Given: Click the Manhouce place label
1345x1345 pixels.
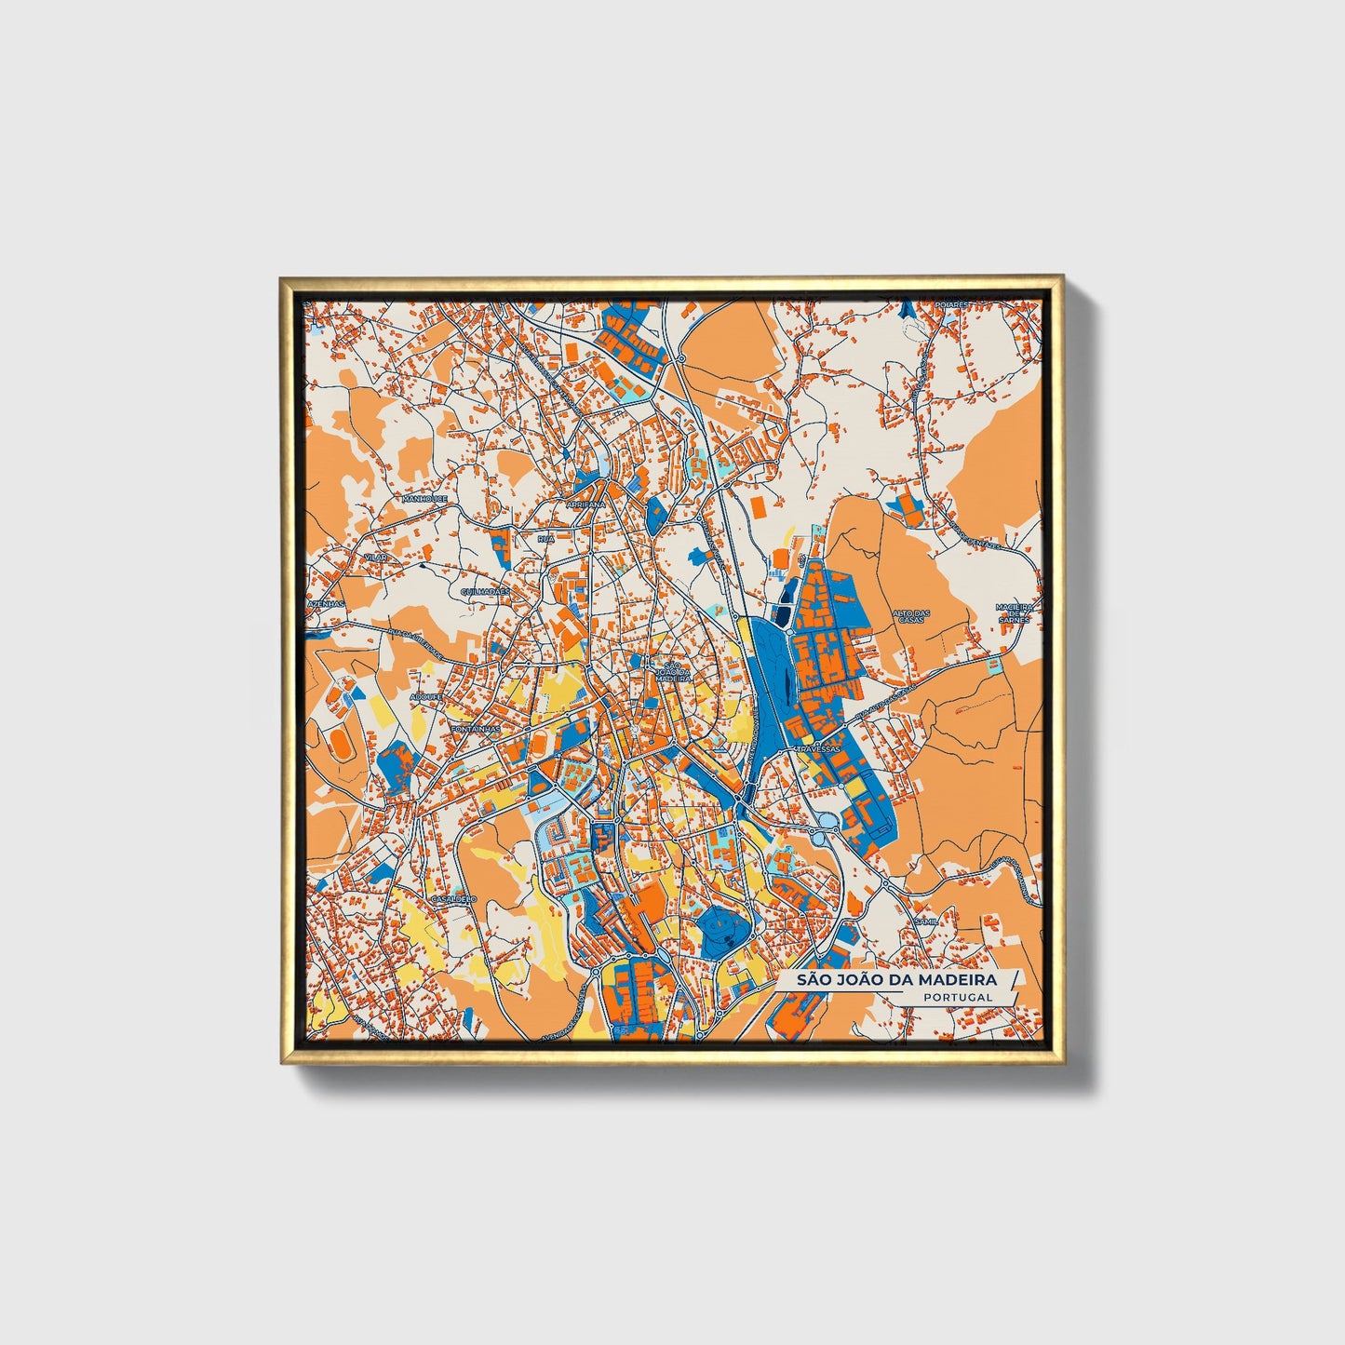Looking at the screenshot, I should coord(425,499).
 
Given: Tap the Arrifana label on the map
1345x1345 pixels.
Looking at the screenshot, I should coord(585,504).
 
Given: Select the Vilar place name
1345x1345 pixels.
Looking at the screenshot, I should coord(376,557).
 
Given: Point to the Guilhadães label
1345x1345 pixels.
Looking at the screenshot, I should coord(485,591).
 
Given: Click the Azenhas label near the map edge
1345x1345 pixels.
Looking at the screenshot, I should coord(326,603).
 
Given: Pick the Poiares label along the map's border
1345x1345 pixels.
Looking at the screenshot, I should coord(952,304).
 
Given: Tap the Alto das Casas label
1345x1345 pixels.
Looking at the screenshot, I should coord(911,616).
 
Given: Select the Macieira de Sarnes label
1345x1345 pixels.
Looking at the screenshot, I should coord(1015,613).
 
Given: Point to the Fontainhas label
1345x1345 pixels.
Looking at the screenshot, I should coord(475,729).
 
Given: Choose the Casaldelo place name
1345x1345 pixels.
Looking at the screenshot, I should coord(454,899).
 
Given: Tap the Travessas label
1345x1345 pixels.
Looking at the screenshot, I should coord(818,747).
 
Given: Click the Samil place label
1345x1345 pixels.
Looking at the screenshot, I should coord(928,920).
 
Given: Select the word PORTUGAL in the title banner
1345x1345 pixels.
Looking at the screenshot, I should coord(958,997).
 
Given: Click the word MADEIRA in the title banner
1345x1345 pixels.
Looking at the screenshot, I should coord(958,980).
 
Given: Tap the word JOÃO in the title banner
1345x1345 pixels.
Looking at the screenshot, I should coord(852,980).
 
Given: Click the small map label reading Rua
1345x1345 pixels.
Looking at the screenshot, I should coord(545,538).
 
